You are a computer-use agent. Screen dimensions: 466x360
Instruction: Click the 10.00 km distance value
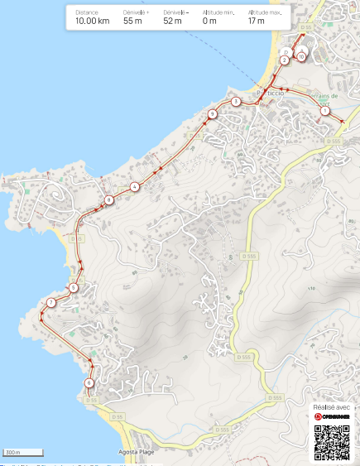pos(92,22)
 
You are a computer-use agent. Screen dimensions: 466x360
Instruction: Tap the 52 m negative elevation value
pos(172,22)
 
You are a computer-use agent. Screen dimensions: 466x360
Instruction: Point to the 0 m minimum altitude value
pos(209,22)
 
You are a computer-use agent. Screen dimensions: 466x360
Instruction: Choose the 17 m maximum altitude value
pos(256,22)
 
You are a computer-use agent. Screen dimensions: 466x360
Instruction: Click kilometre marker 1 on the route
pos(324,110)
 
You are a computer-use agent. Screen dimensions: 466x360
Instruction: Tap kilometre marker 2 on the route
pos(284,60)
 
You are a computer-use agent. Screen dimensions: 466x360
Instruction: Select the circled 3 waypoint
pos(236,102)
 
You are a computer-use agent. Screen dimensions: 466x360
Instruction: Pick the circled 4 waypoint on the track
pos(134,186)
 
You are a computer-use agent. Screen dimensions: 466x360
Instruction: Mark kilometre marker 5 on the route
pos(74,288)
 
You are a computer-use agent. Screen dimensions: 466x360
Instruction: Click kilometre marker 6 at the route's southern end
pos(89,382)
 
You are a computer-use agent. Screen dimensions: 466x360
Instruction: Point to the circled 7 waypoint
pos(50,303)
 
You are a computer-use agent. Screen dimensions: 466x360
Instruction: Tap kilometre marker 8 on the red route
pos(108,200)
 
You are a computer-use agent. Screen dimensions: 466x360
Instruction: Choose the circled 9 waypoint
pos(213,114)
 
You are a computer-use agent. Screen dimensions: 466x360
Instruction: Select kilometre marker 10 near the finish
pos(300,56)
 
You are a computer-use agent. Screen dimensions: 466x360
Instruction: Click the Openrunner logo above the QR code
pos(333,417)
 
